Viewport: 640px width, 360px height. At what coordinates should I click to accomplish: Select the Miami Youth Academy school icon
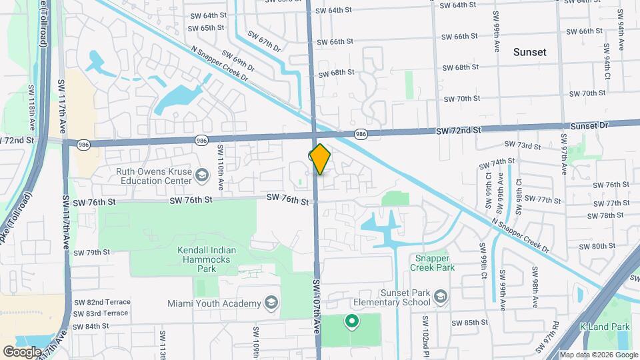[271, 303]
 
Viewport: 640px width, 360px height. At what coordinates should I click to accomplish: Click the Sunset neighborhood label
[530, 51]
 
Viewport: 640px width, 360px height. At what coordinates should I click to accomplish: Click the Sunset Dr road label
[589, 125]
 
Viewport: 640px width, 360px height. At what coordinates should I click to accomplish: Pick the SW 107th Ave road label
[317, 307]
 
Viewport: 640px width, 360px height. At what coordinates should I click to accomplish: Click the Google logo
[23, 351]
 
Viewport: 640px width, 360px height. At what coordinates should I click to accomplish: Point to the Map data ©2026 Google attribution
[598, 355]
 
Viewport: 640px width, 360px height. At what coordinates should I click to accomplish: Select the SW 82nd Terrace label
[101, 302]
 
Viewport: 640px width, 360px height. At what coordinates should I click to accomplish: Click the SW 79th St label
[92, 253]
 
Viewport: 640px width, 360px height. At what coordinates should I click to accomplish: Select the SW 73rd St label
[522, 145]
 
